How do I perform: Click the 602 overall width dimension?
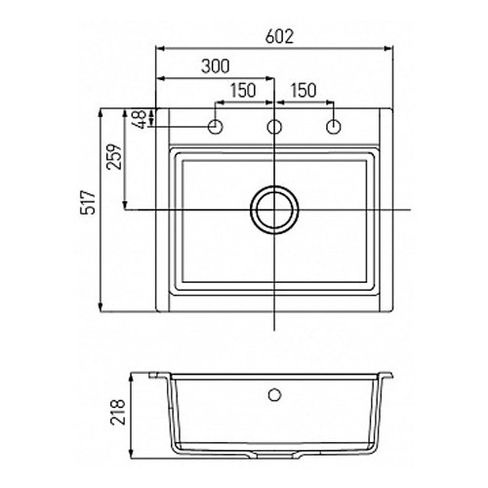click(x=279, y=36)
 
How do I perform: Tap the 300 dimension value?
click(x=216, y=66)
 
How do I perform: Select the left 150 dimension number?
click(x=243, y=91)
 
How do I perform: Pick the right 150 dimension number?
click(x=303, y=91)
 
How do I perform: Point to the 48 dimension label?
click(x=140, y=119)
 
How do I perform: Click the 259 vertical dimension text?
click(x=114, y=156)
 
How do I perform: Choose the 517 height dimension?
click(x=89, y=202)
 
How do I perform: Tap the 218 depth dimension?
click(x=118, y=412)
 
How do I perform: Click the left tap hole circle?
click(x=215, y=127)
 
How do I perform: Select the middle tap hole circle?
click(x=274, y=127)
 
